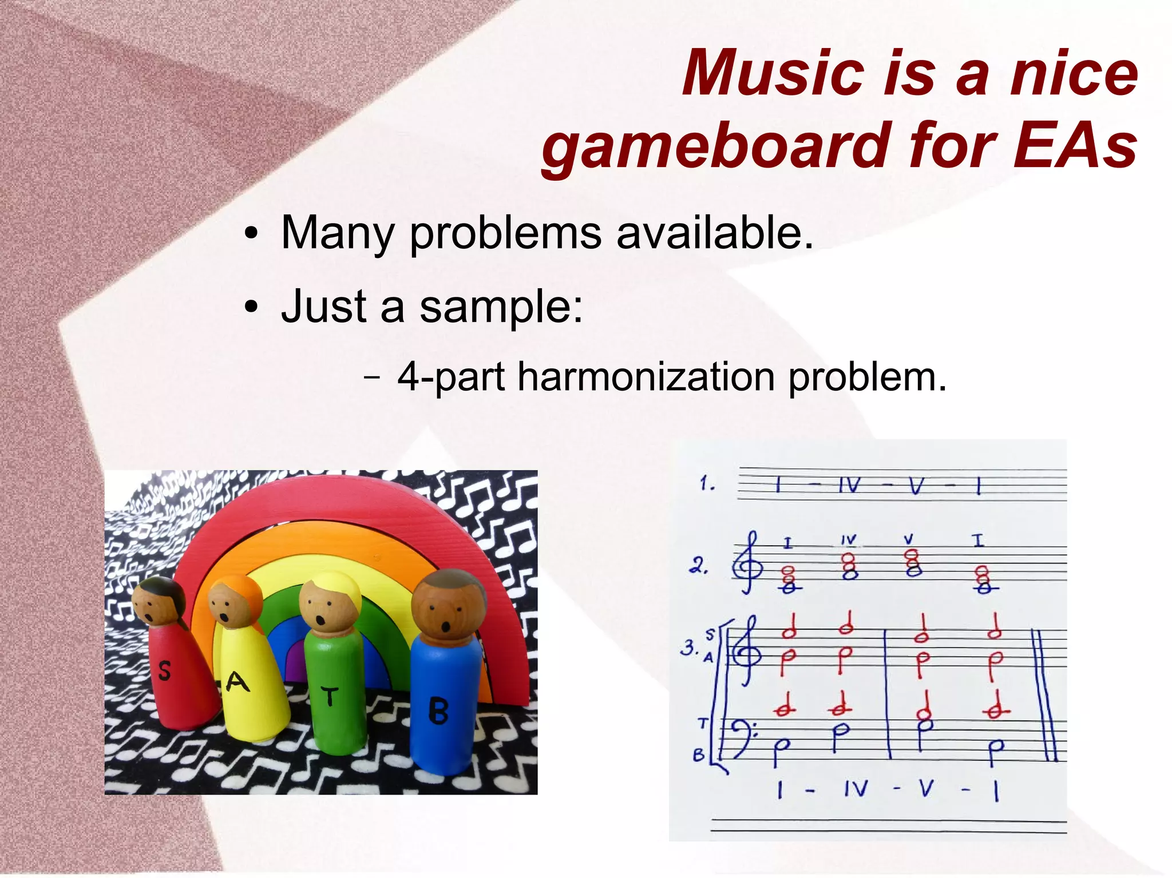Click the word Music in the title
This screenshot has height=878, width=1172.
click(773, 74)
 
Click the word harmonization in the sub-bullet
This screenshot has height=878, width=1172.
click(646, 378)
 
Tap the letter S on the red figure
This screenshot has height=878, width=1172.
click(164, 670)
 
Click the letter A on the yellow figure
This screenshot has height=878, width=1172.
click(237, 682)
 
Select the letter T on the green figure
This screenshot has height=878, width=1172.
click(330, 696)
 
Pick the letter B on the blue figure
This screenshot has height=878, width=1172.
click(438, 712)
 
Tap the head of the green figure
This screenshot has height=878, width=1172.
click(329, 603)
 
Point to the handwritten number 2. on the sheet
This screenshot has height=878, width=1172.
click(699, 566)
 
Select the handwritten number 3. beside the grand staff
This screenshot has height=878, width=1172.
click(689, 647)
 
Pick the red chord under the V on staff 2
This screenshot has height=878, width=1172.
click(913, 563)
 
